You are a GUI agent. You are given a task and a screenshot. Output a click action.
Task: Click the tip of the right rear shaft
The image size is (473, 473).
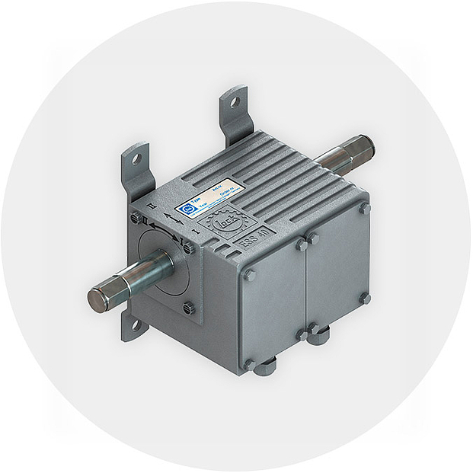click(x=363, y=144)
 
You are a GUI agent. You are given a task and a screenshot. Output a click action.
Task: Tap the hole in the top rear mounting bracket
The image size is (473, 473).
click(x=235, y=101)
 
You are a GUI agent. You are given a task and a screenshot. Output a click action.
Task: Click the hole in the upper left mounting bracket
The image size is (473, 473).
click(x=136, y=160)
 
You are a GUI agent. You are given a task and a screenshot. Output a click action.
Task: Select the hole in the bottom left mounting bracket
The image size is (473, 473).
click(x=136, y=325)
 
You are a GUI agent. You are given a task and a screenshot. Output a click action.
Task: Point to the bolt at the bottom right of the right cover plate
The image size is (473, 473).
click(x=365, y=298)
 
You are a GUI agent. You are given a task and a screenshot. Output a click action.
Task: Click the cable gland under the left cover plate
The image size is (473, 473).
click(x=264, y=369)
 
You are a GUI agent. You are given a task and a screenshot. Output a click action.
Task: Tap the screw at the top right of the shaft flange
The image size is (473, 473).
click(x=187, y=247)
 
